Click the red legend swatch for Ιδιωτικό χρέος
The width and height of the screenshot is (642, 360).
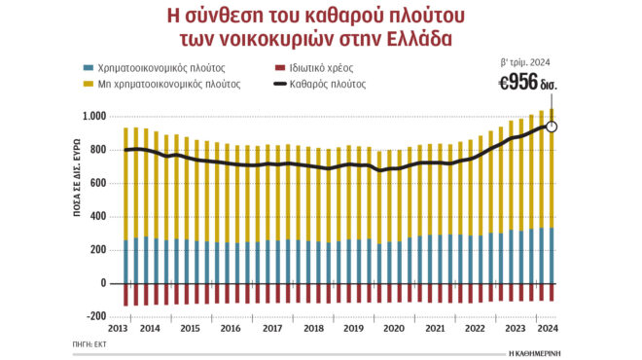[x=267, y=68]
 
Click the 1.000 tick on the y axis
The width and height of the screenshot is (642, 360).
[x=93, y=117]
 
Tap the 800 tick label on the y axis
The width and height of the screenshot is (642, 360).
[x=98, y=150]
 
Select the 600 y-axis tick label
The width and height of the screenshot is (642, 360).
[x=98, y=183]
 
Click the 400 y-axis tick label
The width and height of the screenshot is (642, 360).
[x=98, y=217]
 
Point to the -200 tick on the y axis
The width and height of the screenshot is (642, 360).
[x=96, y=317]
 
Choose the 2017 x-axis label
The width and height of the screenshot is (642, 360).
[x=272, y=329]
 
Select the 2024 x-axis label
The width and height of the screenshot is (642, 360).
[x=548, y=329]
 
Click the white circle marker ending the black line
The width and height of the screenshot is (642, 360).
[x=552, y=126]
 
